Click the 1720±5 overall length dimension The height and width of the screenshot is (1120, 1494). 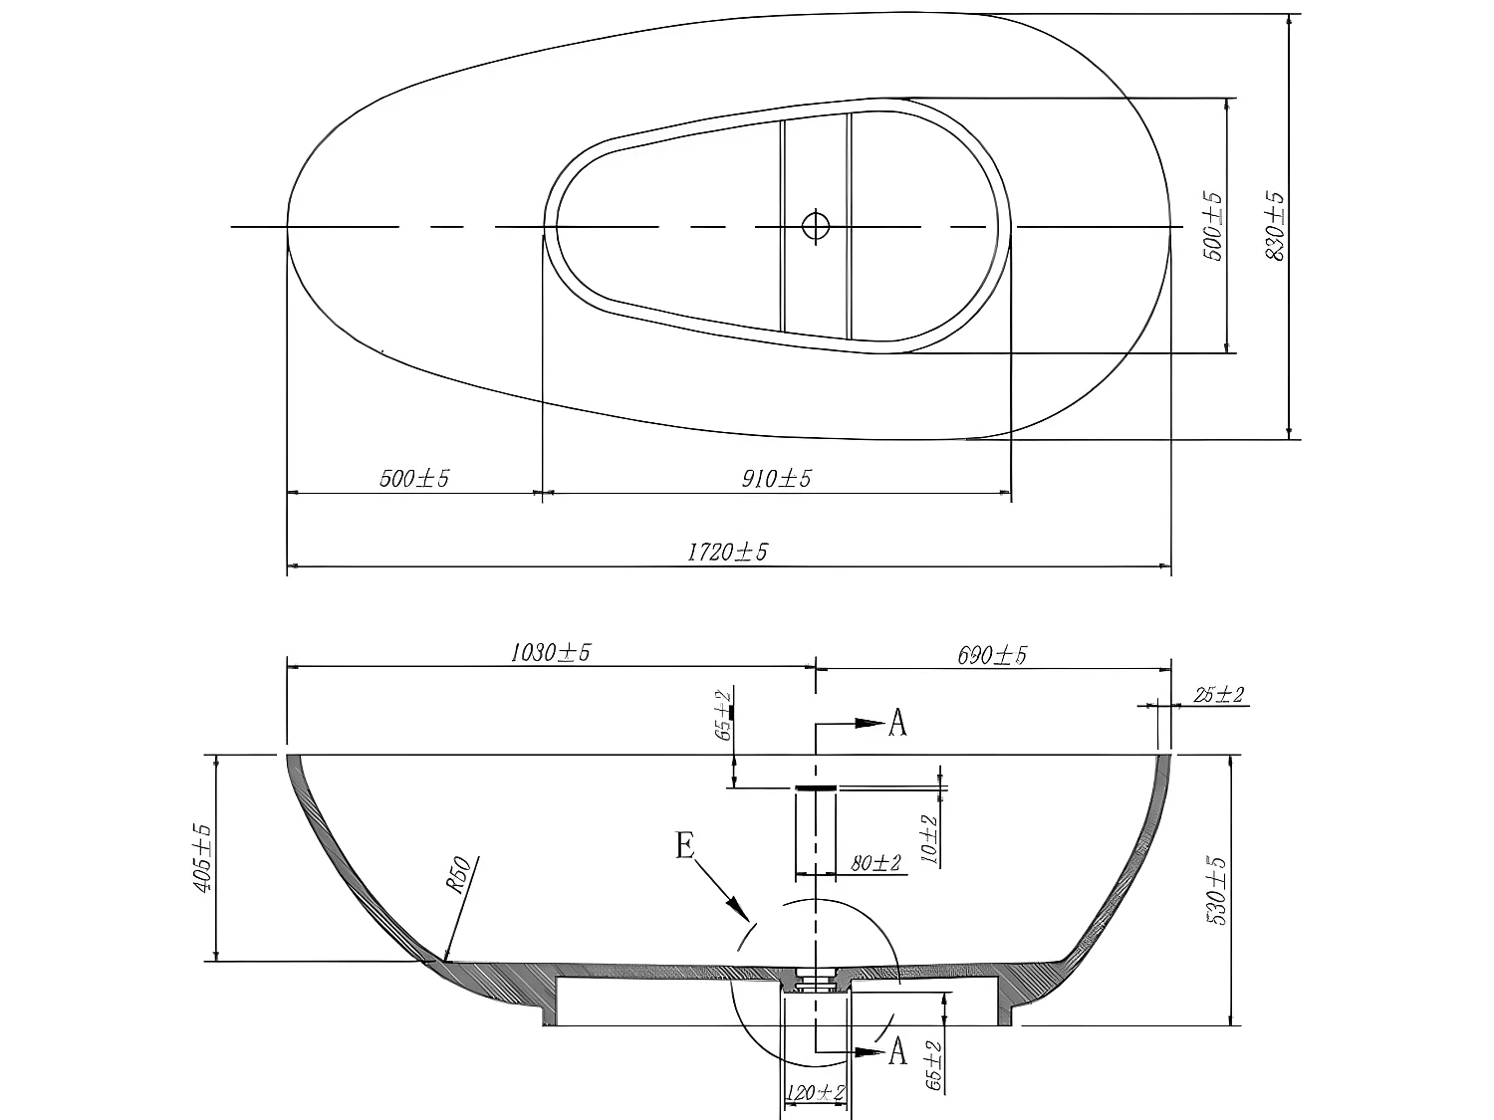coord(727,552)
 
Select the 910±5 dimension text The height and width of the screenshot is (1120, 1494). coord(776,479)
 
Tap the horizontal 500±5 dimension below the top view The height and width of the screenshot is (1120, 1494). coord(414,479)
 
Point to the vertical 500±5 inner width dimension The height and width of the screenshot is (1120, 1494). coord(1213,227)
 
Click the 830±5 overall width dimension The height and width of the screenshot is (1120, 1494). coord(1275,227)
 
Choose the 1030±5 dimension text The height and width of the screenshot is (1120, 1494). coord(551,653)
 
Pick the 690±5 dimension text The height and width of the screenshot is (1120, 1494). coord(992,655)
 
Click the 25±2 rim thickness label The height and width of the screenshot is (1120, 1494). coord(1220,695)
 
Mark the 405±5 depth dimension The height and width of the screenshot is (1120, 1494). coord(202,857)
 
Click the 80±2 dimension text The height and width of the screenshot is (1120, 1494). coord(875,863)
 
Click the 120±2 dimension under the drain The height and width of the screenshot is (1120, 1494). coord(816,1093)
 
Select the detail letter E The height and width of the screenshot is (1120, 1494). coord(685,846)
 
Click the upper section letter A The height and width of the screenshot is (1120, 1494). coord(897,724)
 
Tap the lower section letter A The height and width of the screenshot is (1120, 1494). coord(897,1051)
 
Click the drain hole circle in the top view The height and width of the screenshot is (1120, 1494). coord(816,226)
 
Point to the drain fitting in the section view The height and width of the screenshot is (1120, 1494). coord(816,981)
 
